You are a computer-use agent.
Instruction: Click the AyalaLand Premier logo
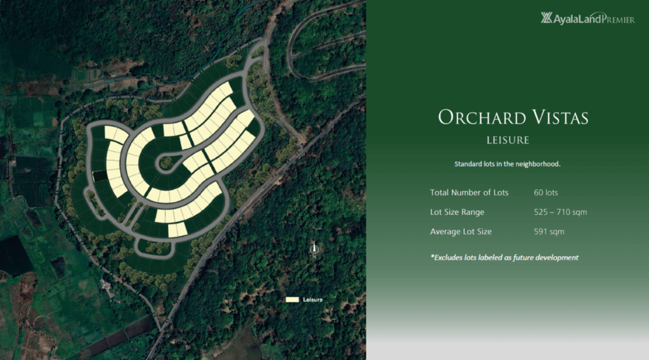click(x=588, y=18)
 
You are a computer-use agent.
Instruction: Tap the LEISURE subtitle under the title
click(x=508, y=140)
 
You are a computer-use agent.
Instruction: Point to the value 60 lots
click(x=546, y=193)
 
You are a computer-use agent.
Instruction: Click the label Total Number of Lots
click(x=469, y=193)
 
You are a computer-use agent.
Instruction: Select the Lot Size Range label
click(x=457, y=212)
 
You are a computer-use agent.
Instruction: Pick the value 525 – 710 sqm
click(x=560, y=212)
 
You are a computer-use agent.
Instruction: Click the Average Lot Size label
click(x=461, y=231)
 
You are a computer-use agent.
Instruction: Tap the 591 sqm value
click(x=549, y=231)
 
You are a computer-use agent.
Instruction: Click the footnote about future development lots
click(x=504, y=257)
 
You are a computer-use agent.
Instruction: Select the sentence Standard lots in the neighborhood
click(x=508, y=164)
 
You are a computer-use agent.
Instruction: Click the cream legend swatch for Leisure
click(x=292, y=300)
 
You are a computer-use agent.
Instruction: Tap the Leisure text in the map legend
click(x=312, y=300)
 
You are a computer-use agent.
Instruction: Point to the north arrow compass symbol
click(x=314, y=250)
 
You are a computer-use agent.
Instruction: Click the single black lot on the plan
click(x=100, y=176)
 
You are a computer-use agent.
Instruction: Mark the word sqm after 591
click(x=556, y=232)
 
